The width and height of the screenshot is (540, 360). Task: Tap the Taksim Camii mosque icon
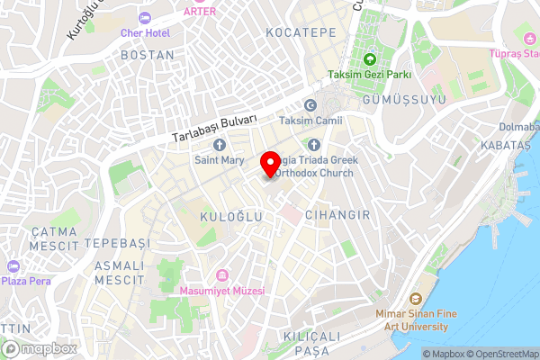pos(310,105)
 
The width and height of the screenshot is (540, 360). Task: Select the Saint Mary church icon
pos(219,144)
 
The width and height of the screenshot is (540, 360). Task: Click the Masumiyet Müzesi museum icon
pos(221,274)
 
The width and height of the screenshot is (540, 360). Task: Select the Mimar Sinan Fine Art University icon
pos(415,299)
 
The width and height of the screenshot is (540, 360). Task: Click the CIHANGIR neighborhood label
pos(337,216)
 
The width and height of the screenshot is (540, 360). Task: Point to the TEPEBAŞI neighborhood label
pos(116,244)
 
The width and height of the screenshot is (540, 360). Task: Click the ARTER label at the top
pos(199,11)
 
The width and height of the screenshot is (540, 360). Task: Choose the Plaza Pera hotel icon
pos(13,266)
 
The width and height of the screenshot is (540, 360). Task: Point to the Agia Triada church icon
pos(313,144)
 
